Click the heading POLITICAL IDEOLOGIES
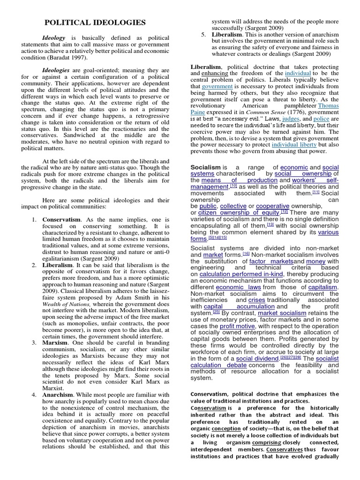pos(95,22)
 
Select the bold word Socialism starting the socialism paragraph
pos(205,167)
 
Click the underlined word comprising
pos(266,442)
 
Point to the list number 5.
pos(203,35)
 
